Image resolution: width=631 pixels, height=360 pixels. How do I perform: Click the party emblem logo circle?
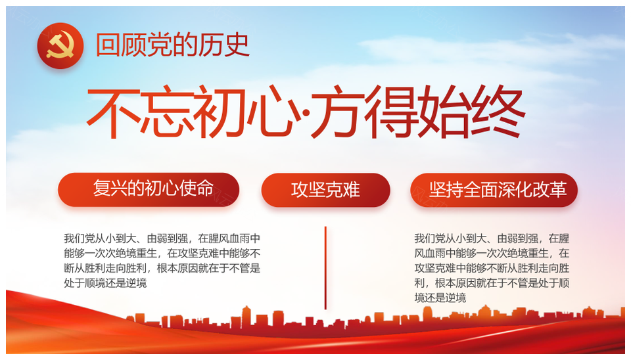click(60, 45)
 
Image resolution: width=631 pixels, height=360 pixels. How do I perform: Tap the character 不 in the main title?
click(114, 111)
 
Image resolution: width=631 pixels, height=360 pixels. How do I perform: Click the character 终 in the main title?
click(499, 111)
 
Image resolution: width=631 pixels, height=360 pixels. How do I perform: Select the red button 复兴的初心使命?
click(149, 189)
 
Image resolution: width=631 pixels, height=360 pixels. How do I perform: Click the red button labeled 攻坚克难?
click(325, 190)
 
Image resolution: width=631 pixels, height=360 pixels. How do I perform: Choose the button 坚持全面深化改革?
click(494, 190)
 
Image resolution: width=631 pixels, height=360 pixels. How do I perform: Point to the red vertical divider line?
click(325, 268)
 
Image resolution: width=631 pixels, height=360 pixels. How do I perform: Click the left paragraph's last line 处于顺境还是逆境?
click(105, 283)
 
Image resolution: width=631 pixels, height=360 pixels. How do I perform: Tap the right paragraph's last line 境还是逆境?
click(440, 298)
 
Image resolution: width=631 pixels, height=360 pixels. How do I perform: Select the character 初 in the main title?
click(220, 111)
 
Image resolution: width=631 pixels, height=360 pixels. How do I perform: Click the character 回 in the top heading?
click(108, 45)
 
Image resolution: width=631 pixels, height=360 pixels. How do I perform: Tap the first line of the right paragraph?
click(492, 238)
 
